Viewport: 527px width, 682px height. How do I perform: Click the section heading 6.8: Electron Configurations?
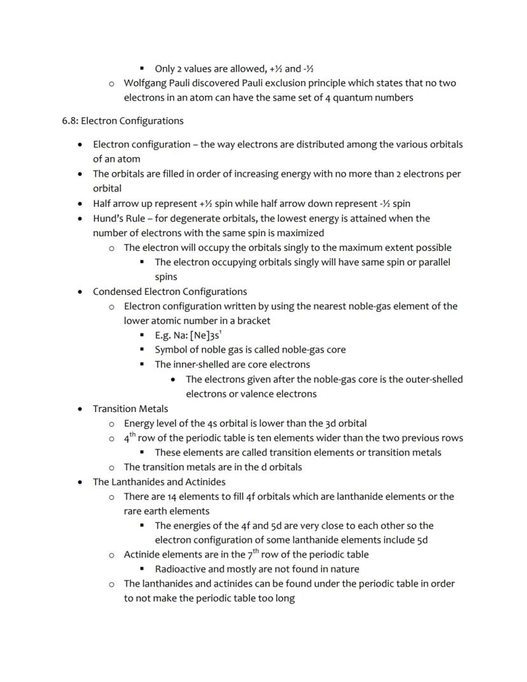pyautogui.click(x=122, y=121)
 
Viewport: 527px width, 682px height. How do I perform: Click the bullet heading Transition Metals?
pyautogui.click(x=130, y=408)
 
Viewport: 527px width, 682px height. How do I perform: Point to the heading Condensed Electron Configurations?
pyautogui.click(x=170, y=292)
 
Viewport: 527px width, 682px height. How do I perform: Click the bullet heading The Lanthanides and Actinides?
pyautogui.click(x=159, y=481)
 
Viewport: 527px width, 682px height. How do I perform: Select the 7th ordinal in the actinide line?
pyautogui.click(x=253, y=553)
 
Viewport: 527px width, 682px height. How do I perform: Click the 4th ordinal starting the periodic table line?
pyautogui.click(x=129, y=437)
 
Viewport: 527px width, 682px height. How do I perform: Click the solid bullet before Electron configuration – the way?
pyautogui.click(x=80, y=145)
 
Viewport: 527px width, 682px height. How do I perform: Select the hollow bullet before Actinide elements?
pyautogui.click(x=111, y=555)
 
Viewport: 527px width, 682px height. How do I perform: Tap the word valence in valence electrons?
pyautogui.click(x=256, y=394)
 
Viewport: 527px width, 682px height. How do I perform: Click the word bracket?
pyautogui.click(x=253, y=320)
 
